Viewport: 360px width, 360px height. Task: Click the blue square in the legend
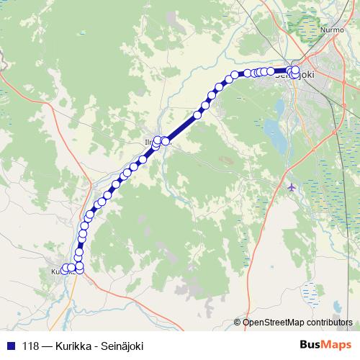coord(9,346)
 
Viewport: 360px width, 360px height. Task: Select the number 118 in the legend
coord(31,346)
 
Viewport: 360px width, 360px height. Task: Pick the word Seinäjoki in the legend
coord(122,346)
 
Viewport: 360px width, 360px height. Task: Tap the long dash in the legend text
coord(47,346)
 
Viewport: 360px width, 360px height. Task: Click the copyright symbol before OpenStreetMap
coord(238,323)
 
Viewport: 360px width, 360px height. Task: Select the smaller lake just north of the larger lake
coord(277,107)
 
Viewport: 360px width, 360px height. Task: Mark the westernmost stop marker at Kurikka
coord(65,269)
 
